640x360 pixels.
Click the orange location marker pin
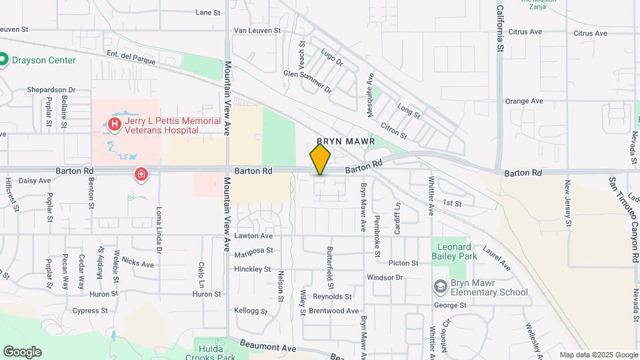tap(320, 159)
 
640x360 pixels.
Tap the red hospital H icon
tap(115, 124)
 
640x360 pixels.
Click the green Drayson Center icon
tap(3, 60)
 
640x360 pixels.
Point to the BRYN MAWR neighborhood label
tap(346, 141)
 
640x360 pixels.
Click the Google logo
tap(22, 352)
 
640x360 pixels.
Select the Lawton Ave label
tap(253, 235)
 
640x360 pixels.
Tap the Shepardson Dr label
tap(51, 89)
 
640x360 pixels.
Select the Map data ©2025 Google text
tap(599, 355)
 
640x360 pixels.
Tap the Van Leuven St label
tap(257, 31)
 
